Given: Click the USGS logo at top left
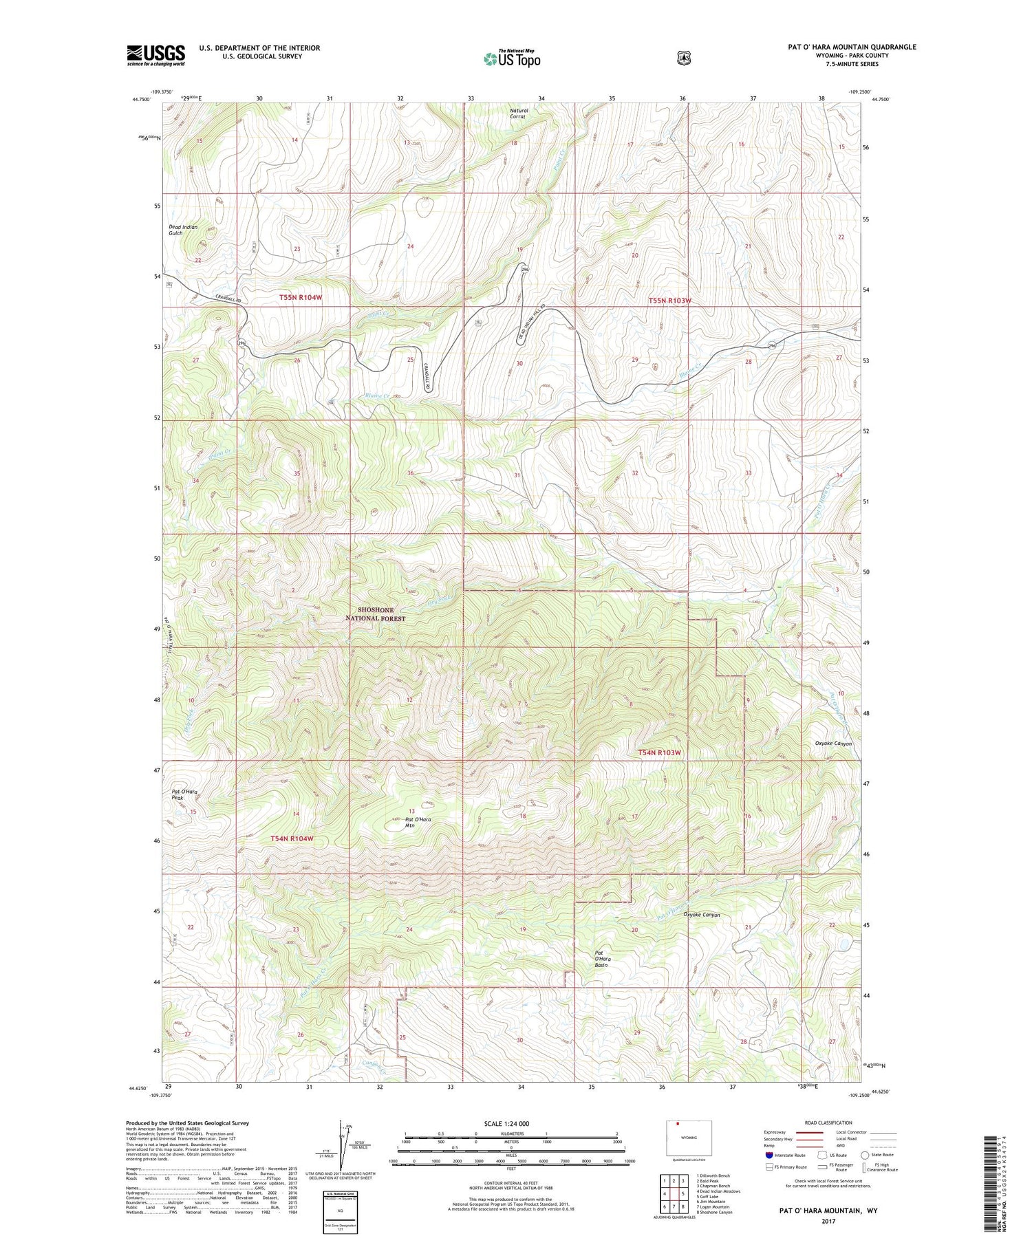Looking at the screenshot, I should pos(155,55).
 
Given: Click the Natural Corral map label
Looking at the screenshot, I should pos(519,113).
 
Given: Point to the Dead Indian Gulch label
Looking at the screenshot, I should pos(182,230).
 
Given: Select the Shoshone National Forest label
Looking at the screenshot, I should pos(376,614).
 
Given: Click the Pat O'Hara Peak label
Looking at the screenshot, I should pos(184,794).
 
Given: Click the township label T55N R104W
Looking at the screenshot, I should pos(301,297).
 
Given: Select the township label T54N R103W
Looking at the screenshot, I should pos(659,752).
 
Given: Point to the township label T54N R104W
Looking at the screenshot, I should pos(292,838).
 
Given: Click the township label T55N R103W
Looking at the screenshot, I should pos(669,301).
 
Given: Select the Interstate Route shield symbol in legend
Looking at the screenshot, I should pos(769,1155).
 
